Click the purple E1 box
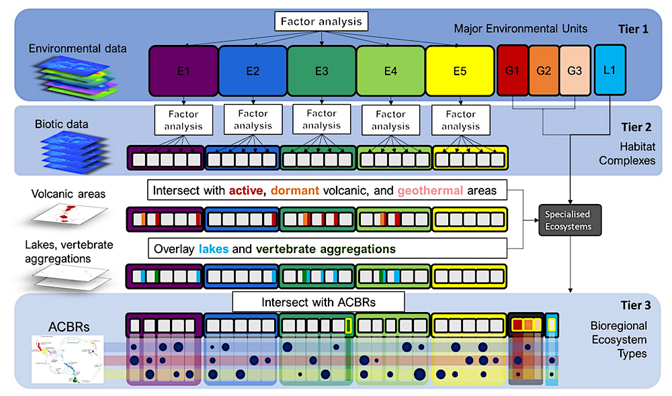click(183, 71)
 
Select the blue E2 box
click(253, 71)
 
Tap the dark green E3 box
click(321, 71)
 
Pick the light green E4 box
click(390, 71)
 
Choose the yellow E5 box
click(460, 71)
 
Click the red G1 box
click(513, 70)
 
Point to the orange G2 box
click(544, 70)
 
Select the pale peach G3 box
click(575, 70)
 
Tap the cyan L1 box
click(610, 70)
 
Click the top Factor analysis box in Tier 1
click(321, 21)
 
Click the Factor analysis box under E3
click(321, 119)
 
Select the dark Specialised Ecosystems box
click(570, 220)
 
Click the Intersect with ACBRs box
click(319, 302)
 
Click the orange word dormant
click(295, 191)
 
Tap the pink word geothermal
click(430, 191)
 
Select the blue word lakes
click(214, 249)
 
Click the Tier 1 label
click(633, 29)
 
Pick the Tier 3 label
click(636, 305)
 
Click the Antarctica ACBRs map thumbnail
click(68, 359)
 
